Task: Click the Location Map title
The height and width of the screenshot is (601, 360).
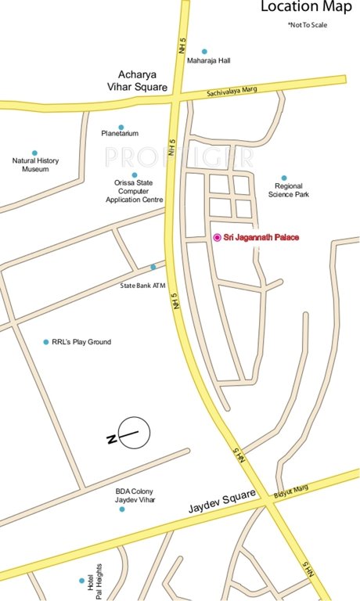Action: click(304, 8)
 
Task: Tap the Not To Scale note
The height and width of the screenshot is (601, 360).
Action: click(308, 26)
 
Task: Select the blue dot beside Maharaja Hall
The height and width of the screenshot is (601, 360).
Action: click(204, 51)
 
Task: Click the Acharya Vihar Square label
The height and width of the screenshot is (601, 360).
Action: click(139, 82)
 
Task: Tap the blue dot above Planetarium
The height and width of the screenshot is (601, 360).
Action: click(121, 127)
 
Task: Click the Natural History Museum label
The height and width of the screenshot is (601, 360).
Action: click(35, 164)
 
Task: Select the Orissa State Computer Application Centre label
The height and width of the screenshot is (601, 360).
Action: click(135, 191)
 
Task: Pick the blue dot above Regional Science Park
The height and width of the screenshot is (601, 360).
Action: click(284, 178)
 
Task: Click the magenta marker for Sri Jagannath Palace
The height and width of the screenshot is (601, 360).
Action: click(217, 237)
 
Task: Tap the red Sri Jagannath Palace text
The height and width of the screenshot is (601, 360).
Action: click(261, 237)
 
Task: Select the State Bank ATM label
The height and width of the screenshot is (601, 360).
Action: click(143, 285)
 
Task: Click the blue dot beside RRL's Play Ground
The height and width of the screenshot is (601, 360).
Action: click(45, 342)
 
